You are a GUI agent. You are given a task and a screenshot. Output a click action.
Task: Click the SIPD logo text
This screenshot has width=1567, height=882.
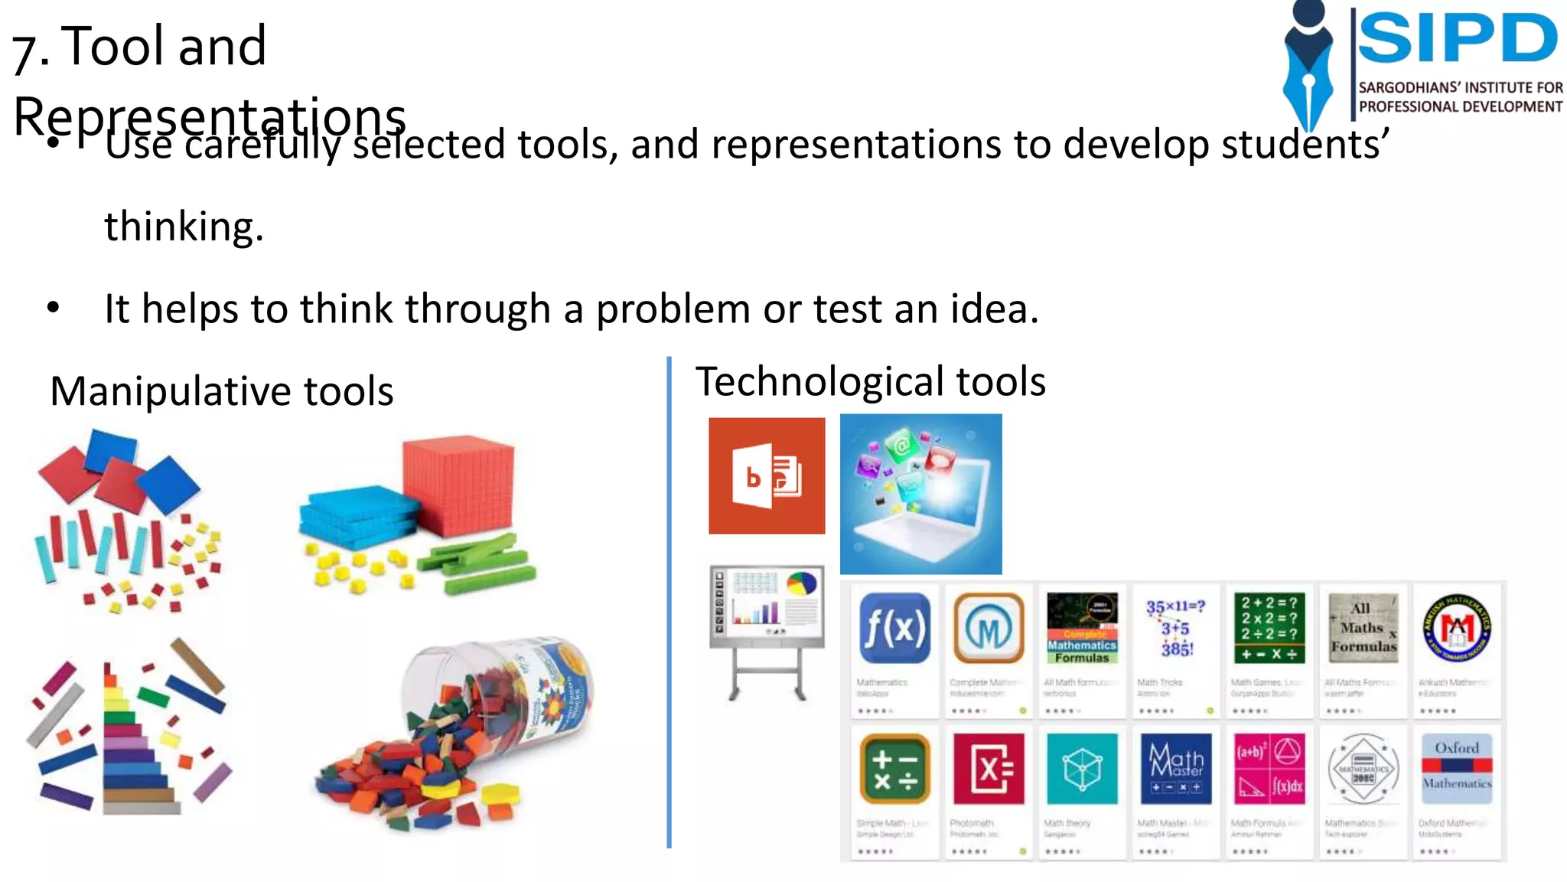1457,38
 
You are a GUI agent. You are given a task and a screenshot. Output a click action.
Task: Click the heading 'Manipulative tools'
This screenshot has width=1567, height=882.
222,391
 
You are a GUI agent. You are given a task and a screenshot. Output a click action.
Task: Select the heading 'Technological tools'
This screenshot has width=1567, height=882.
870,381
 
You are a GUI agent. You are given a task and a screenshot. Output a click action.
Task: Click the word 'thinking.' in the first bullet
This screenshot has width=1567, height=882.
184,227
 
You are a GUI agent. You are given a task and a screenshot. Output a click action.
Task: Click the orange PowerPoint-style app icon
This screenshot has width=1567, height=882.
767,475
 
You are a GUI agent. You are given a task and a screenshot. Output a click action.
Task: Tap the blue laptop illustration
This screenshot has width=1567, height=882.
920,495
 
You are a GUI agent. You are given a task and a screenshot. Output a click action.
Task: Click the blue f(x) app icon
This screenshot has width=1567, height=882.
894,628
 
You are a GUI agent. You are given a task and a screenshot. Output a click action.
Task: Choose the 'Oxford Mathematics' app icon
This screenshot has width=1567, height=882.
1457,768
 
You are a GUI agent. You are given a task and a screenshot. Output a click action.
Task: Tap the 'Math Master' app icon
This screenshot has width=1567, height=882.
1175,768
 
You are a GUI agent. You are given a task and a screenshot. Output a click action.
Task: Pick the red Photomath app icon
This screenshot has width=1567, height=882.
988,768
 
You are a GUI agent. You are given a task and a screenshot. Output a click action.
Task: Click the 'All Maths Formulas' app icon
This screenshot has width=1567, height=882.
1363,628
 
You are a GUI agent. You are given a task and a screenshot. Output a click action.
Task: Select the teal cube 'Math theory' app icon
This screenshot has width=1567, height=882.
1081,768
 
